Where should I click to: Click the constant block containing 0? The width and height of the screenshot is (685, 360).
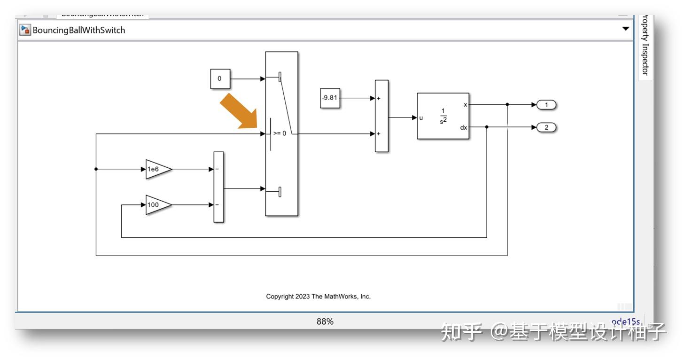point(220,78)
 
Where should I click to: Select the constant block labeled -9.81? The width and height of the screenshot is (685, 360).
point(330,98)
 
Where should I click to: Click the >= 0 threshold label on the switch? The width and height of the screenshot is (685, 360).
point(280,133)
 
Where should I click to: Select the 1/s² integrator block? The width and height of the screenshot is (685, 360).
point(443,116)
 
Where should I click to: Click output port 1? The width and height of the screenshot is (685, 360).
point(546,105)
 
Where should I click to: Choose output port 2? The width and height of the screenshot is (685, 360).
point(546,127)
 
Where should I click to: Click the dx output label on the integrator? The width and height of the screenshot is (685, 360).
point(463,127)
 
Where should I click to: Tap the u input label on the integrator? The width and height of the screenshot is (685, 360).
point(421,118)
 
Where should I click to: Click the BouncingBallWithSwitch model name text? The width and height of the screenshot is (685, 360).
point(79,30)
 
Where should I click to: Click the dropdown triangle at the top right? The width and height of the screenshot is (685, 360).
point(625,29)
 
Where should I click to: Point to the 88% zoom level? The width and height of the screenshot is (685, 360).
point(325,321)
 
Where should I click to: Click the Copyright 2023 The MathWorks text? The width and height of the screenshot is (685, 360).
point(318,297)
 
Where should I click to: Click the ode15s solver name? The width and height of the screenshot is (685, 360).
point(625,321)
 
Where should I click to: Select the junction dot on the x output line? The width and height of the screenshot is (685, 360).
point(507,105)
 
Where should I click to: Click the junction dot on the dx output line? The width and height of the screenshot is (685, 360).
point(487,127)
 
